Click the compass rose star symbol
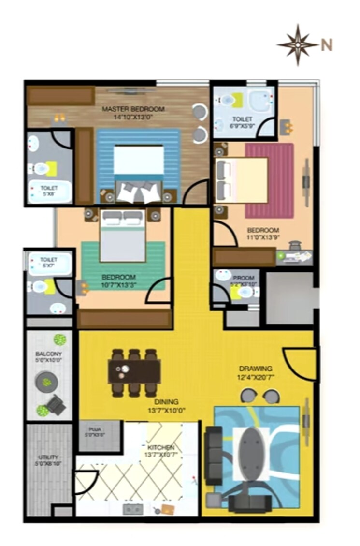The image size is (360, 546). tap(298, 44)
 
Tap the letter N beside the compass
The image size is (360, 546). tap(327, 45)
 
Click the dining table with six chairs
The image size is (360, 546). tap(134, 372)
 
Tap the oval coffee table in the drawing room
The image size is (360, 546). tap(251, 454)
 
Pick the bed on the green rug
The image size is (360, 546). tap(123, 236)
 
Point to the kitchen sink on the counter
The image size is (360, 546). tap(133, 509)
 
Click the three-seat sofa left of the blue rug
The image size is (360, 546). tap(213, 455)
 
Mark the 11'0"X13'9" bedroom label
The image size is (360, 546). tap(263, 234)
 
